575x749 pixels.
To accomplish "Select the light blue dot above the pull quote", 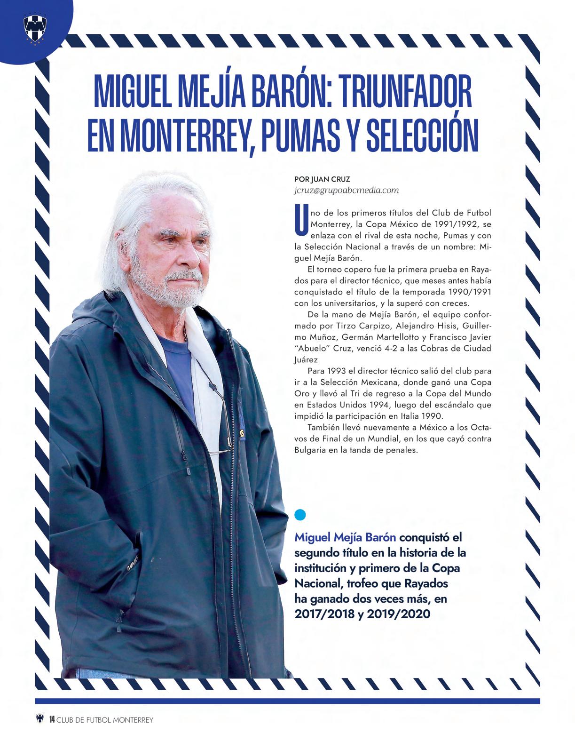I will coord(300,515).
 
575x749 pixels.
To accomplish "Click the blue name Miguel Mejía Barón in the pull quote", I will coord(345,537).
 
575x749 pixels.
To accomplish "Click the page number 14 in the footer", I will coord(52,719).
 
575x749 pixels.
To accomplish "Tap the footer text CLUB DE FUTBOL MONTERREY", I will coord(105,720).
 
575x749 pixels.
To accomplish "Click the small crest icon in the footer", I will coord(40,719).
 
